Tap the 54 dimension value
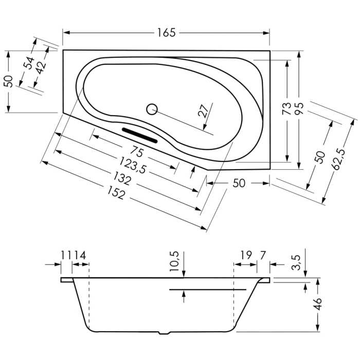29,63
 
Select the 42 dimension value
41,66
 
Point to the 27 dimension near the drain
204,111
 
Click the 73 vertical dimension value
287,109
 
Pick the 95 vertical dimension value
299,109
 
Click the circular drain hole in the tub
151,109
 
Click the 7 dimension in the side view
263,255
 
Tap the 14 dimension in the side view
79,255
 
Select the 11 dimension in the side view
66,255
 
